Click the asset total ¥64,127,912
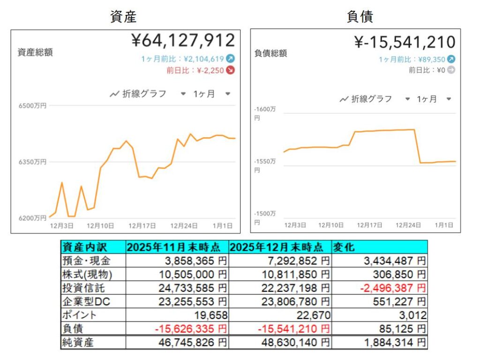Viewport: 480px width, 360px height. (x=183, y=40)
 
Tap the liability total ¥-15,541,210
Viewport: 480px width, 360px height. (x=405, y=42)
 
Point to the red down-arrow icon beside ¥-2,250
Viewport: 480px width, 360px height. (x=231, y=71)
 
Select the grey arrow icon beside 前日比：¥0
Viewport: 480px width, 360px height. (x=451, y=70)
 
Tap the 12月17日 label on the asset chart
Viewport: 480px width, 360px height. (x=142, y=226)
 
